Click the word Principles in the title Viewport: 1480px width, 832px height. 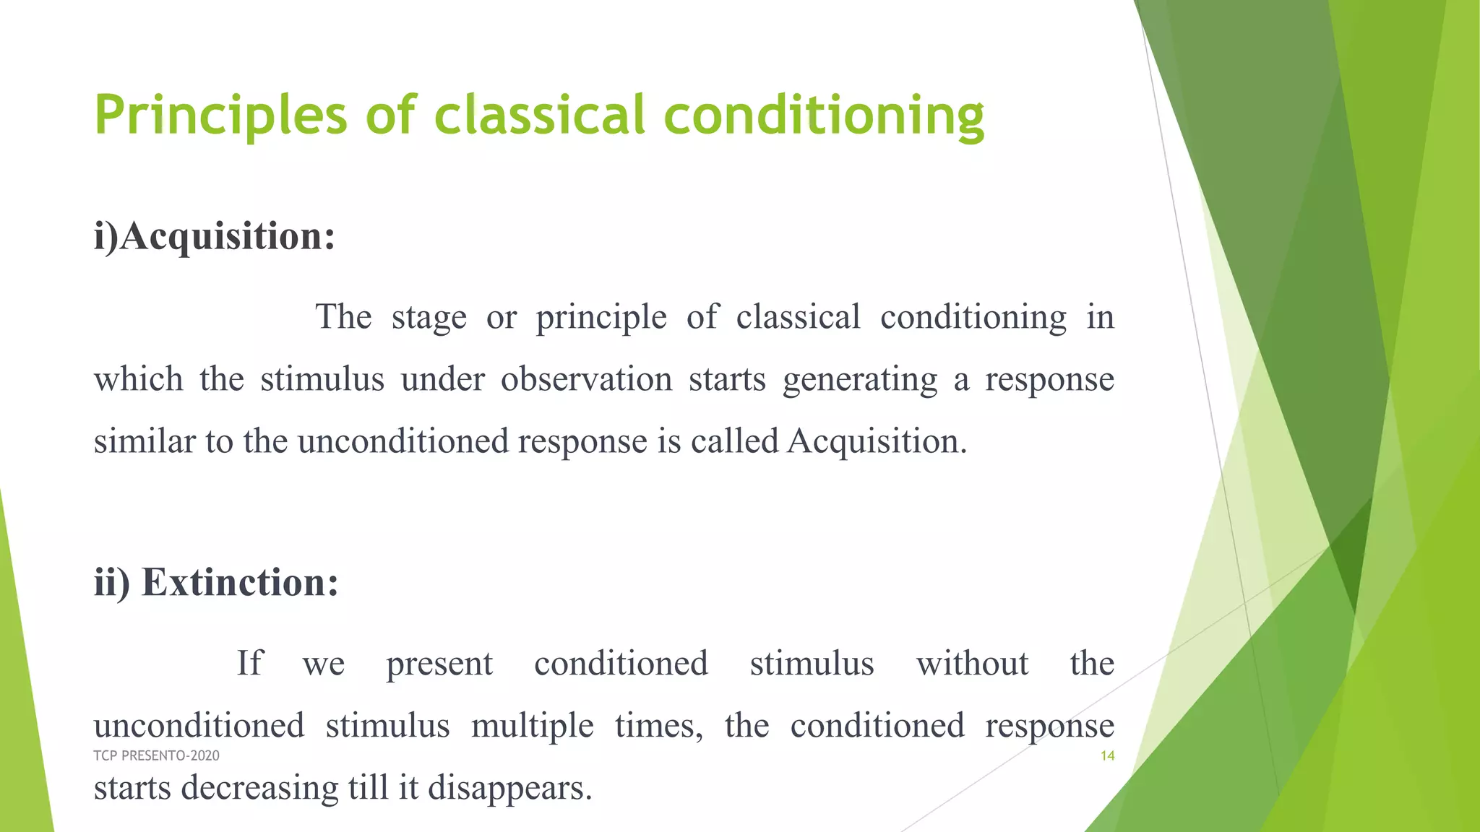tap(221, 116)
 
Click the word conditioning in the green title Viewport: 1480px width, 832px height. tap(824, 116)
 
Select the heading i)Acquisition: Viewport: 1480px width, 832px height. tap(215, 236)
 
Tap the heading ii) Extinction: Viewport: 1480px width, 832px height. tap(216, 582)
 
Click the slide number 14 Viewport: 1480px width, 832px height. tap(1107, 755)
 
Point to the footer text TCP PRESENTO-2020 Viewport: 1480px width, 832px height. tap(156, 755)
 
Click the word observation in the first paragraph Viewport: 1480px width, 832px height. tap(586, 379)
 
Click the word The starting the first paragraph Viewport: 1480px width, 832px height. tap(343, 317)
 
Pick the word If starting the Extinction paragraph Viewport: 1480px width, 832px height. tap(250, 663)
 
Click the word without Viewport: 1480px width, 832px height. tap(972, 663)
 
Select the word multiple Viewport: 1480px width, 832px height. tap(532, 725)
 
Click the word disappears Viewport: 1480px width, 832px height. tap(509, 787)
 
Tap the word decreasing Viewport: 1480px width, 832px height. tap(259, 787)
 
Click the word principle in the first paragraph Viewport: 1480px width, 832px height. tap(601, 318)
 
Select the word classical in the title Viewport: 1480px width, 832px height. tap(539, 116)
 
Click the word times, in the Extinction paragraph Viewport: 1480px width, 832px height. tap(658, 725)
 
